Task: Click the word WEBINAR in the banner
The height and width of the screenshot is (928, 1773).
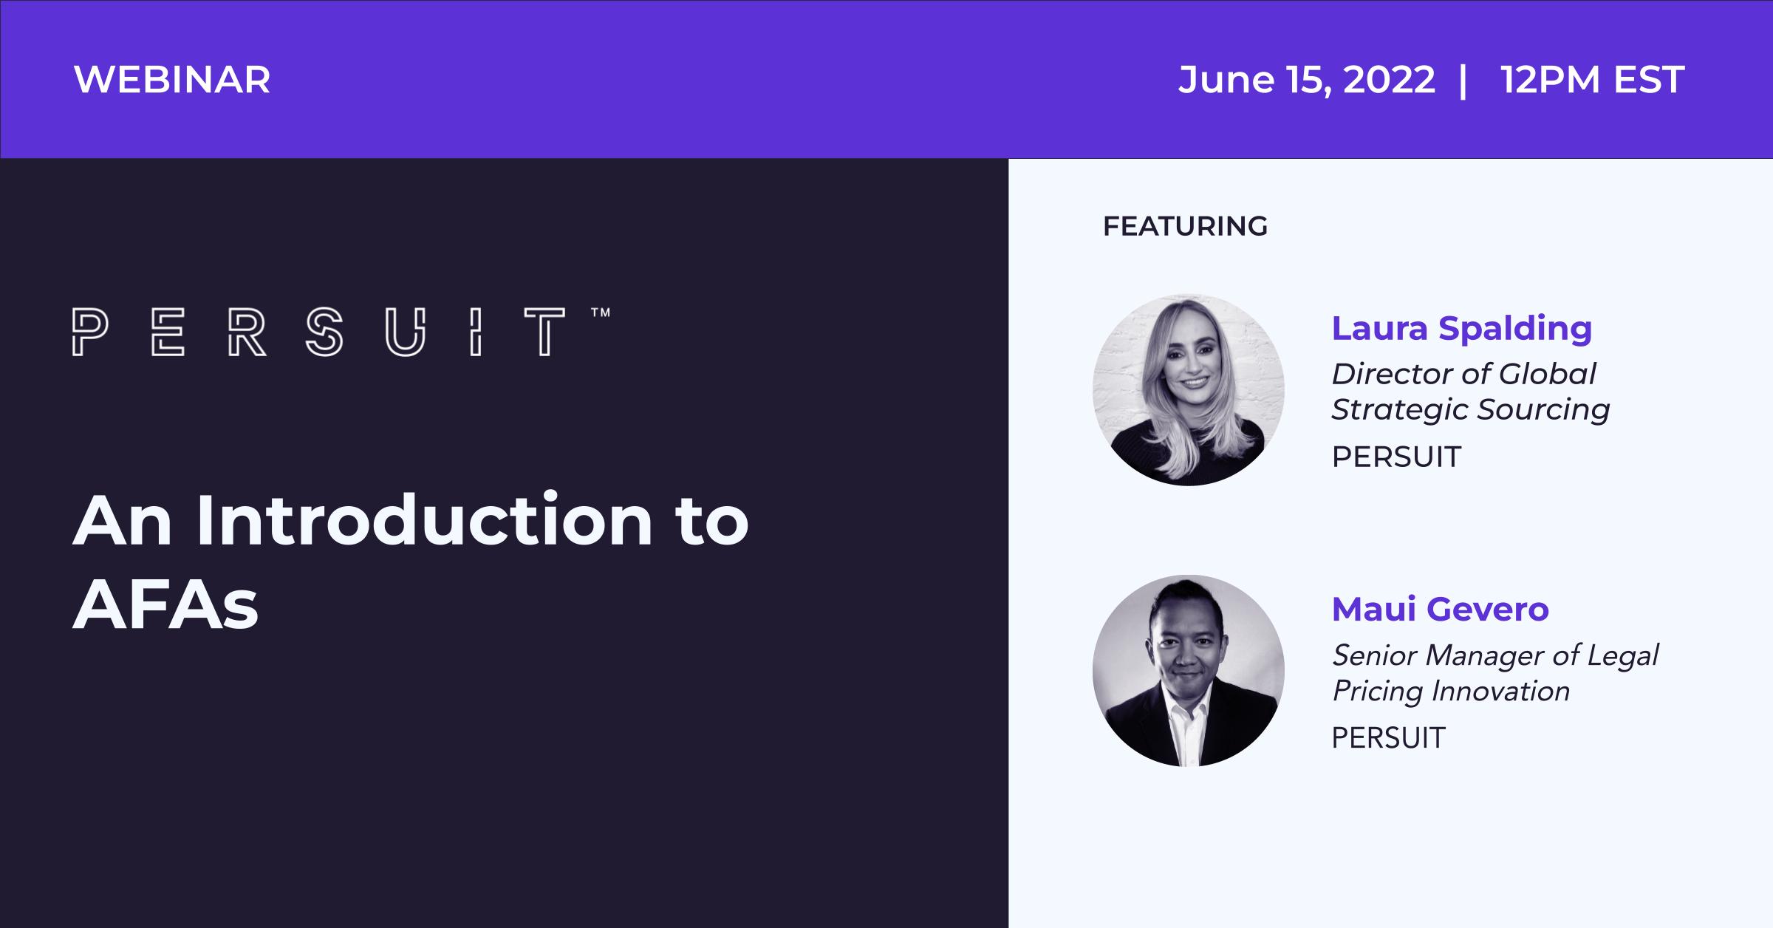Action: (x=172, y=80)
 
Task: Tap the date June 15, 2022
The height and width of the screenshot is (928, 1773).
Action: (x=1306, y=80)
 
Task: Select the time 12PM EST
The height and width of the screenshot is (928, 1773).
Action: (x=1592, y=80)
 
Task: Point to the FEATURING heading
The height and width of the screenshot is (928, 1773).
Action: (x=1185, y=226)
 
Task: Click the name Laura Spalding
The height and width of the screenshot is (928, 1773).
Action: (x=1461, y=330)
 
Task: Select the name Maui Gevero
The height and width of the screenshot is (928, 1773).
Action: (x=1440, y=610)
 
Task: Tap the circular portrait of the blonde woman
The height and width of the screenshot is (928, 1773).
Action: (x=1188, y=389)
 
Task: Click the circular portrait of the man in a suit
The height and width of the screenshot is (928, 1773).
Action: (x=1188, y=670)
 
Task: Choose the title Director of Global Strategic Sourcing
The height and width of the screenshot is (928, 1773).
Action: (x=1470, y=392)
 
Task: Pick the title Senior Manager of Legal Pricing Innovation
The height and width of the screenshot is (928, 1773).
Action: (x=1494, y=673)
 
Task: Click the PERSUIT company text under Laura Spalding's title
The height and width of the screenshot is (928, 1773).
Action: (x=1396, y=457)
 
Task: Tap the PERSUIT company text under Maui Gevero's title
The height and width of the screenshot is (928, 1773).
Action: (x=1388, y=738)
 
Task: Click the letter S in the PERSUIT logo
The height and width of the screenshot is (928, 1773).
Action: (x=324, y=332)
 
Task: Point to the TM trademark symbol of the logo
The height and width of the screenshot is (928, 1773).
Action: (x=601, y=313)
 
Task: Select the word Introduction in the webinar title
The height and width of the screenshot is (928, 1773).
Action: (x=425, y=521)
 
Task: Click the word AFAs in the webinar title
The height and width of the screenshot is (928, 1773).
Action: (x=165, y=604)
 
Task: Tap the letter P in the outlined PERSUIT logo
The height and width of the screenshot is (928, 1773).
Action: (x=90, y=332)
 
